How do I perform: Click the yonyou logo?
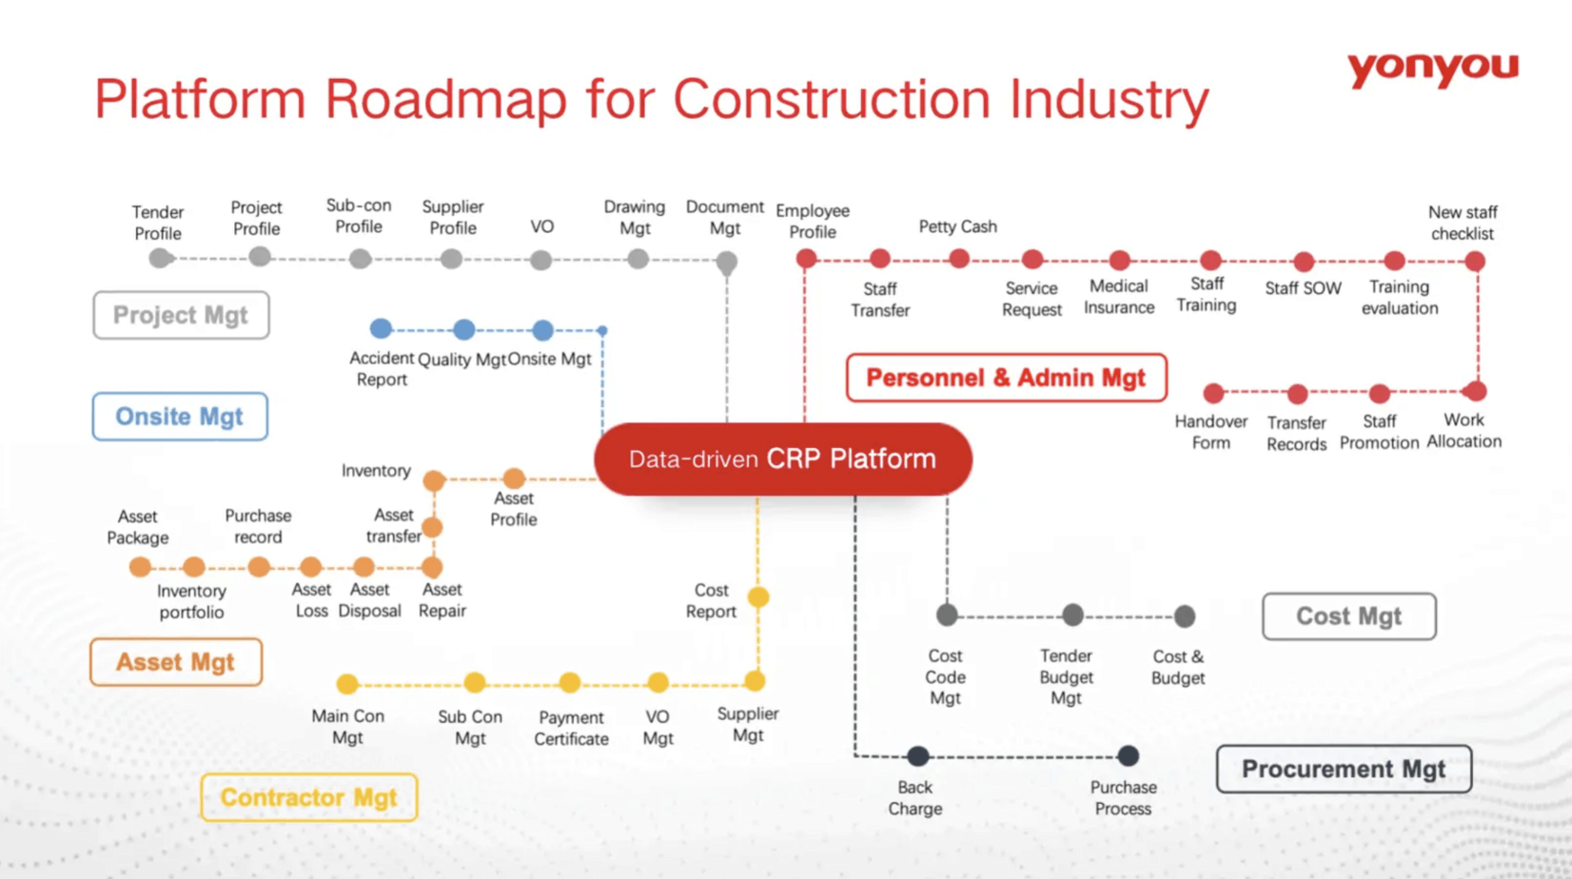[1432, 69]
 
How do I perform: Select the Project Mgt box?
[181, 315]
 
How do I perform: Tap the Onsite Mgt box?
[180, 417]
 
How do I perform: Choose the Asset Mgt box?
[176, 662]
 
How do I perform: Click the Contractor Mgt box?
[308, 797]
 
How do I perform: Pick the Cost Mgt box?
[1348, 616]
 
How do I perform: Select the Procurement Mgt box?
[1343, 769]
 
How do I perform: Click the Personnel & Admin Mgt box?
[1006, 378]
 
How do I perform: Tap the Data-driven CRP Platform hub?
[782, 459]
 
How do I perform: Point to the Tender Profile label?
[158, 223]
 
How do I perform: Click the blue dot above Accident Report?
[381, 329]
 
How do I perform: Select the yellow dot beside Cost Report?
[758, 597]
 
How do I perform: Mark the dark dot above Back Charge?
[917, 756]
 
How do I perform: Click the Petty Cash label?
[957, 226]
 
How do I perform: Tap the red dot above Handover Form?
[1213, 393]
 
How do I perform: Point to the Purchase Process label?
[1123, 798]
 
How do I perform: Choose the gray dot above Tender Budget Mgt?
[1072, 615]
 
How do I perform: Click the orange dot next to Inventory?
[434, 480]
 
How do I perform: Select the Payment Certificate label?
[571, 728]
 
